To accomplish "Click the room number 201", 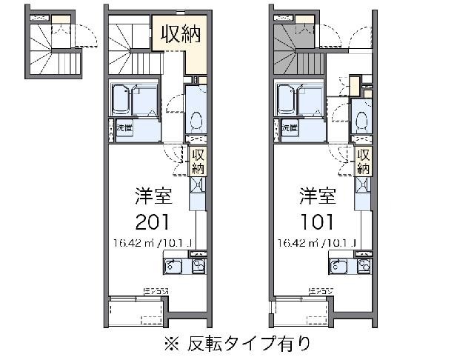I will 154,221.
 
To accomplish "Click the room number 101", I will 318,221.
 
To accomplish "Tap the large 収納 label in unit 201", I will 180,35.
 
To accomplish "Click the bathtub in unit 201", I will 134,98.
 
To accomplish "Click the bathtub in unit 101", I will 299,98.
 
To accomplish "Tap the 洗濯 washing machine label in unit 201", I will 124,128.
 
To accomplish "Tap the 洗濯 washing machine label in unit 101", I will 289,128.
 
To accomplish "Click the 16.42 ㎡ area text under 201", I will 154,243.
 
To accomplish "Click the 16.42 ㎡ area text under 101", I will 318,243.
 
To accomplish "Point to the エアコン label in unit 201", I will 156,290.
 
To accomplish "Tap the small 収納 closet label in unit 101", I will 363,161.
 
